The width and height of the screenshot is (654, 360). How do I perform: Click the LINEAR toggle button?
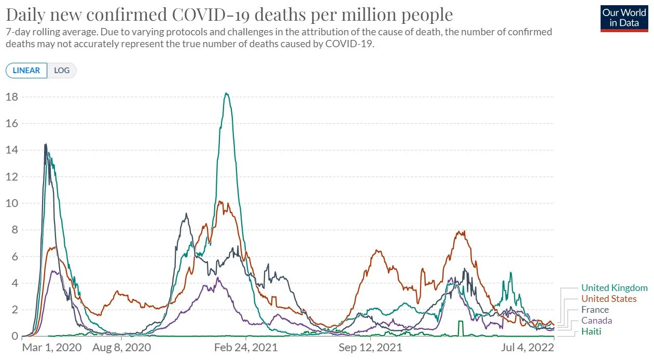pos(26,71)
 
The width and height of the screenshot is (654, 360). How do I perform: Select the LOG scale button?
pos(62,71)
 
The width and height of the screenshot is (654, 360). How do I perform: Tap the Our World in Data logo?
pos(624,19)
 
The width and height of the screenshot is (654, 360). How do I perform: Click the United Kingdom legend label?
pos(614,288)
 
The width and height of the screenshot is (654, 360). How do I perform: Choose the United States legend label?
pos(608,299)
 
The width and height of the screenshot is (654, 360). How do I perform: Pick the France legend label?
pos(595,310)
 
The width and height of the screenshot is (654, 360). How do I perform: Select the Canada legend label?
pos(596,321)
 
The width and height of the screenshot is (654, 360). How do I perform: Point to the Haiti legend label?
pos(591,331)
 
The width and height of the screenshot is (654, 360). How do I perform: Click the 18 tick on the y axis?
pos(12,97)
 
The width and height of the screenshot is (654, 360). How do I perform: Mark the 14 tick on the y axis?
pos(12,150)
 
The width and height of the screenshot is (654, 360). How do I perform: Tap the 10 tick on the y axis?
pos(12,203)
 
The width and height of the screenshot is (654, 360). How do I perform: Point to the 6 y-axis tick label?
pos(15,257)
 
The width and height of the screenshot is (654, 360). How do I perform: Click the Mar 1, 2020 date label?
pos(51,348)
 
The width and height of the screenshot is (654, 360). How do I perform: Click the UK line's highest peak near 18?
pos(226,93)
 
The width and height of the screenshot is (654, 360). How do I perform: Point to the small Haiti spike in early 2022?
pos(460,322)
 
